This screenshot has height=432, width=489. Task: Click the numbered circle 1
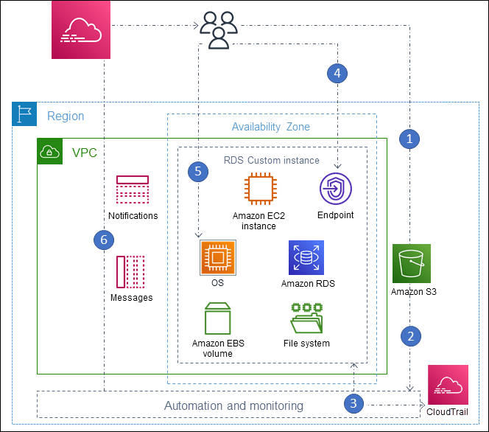[409, 137]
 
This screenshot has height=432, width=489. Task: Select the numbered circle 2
[410, 336]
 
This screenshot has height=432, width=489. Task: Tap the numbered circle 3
[354, 403]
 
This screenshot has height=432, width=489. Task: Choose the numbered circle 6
[104, 239]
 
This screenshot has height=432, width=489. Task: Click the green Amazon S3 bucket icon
[412, 263]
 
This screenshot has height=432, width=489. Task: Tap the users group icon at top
[219, 30]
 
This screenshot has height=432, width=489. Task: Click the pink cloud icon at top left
[80, 29]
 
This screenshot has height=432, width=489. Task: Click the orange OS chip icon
[217, 257]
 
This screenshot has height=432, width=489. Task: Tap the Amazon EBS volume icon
[217, 318]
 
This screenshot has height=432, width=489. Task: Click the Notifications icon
[133, 190]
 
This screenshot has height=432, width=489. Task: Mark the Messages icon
[130, 272]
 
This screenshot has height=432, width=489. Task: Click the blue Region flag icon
[24, 116]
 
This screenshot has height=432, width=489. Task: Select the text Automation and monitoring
[233, 405]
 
